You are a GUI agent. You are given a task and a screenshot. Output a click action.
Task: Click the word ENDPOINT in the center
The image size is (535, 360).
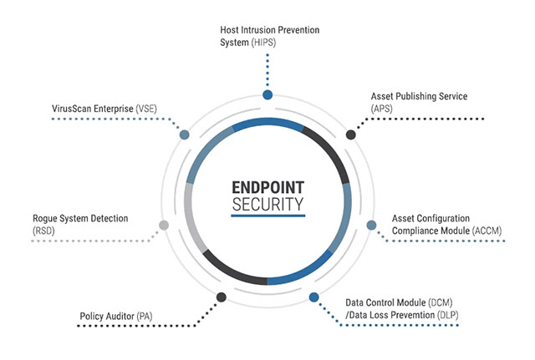click(x=267, y=187)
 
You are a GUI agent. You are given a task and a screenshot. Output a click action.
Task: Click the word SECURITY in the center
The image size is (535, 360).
click(x=267, y=203)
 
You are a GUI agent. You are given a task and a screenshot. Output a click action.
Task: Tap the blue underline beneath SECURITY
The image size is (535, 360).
click(x=267, y=215)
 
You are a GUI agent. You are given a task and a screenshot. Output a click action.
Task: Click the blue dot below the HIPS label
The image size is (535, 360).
click(x=267, y=95)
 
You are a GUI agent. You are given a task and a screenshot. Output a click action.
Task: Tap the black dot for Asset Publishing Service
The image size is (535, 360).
click(x=351, y=134)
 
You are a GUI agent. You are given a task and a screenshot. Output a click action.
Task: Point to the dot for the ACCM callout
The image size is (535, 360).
click(x=372, y=225)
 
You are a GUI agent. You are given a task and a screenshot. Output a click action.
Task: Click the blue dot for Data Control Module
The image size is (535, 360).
click(x=314, y=297)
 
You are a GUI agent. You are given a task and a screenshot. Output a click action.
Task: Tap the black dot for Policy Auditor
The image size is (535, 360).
click(x=221, y=297)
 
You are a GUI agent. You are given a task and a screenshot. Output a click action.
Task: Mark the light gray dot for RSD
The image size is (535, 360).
click(x=164, y=225)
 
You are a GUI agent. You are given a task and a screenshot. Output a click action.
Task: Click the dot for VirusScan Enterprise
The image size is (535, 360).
click(x=184, y=134)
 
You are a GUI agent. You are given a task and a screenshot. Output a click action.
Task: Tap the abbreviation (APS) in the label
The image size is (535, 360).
click(x=384, y=109)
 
